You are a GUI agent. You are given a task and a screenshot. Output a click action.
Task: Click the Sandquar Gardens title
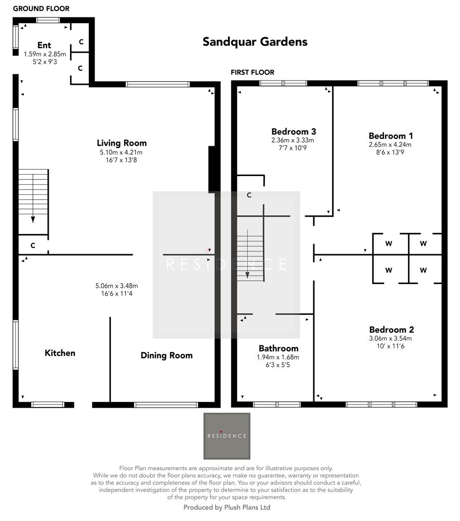255,41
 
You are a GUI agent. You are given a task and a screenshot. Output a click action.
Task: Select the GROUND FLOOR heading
41,9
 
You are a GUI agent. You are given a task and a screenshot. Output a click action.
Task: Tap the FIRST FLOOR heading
252,72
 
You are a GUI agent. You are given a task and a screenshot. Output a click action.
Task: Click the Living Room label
122,143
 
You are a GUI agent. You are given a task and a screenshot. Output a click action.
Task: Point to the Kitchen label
60,353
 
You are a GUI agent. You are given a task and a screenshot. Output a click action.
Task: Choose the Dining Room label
167,356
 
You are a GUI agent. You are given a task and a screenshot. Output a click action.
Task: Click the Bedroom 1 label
390,136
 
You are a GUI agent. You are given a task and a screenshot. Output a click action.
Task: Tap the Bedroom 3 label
293,132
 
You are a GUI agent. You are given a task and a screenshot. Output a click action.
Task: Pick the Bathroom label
279,348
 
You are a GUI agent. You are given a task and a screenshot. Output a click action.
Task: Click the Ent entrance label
44,46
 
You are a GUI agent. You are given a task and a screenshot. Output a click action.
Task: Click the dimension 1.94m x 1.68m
279,357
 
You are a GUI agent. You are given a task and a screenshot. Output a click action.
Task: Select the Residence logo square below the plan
227,436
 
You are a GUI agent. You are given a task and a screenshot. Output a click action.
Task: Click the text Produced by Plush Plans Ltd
227,507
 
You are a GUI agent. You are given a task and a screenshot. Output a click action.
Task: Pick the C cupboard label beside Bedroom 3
249,195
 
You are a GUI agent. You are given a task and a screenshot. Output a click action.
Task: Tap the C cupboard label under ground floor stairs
33,246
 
